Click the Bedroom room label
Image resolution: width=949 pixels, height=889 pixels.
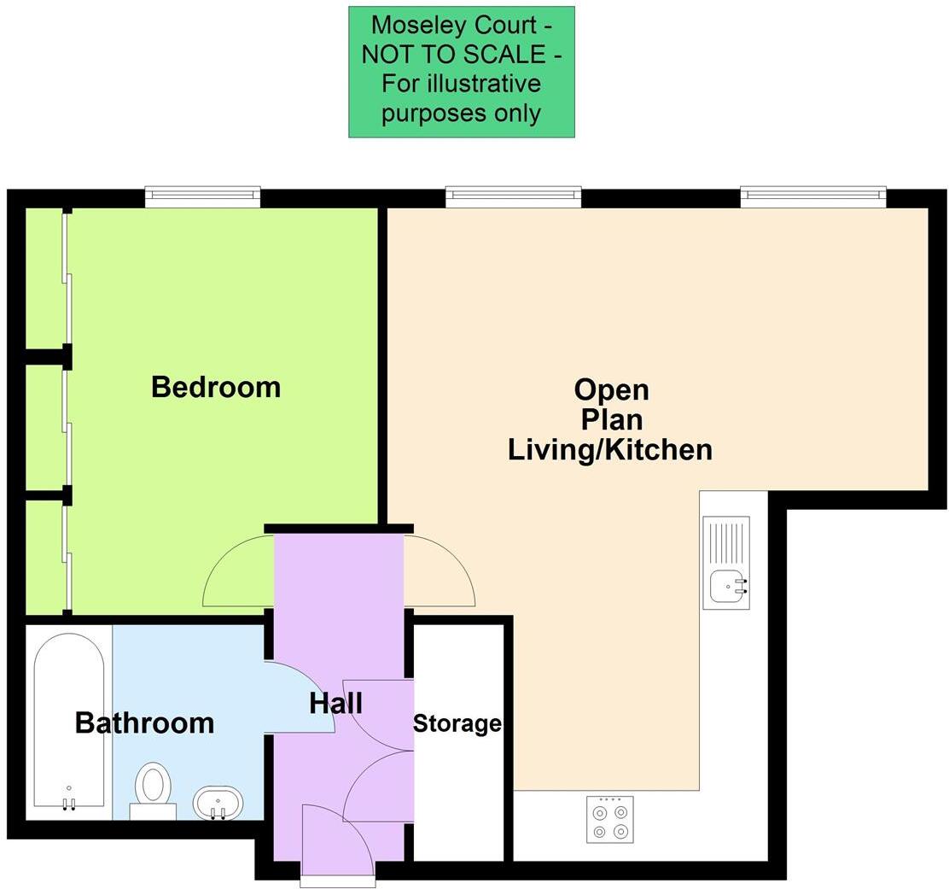point(216,387)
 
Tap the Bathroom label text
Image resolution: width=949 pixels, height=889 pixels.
point(144,722)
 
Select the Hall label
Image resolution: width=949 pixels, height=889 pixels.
point(335,704)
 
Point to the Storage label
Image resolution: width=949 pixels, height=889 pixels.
point(457,724)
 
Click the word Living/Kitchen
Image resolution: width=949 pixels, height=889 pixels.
point(610,449)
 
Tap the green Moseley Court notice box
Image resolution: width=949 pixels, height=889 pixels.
point(461,72)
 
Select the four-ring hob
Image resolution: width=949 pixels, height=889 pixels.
point(609,819)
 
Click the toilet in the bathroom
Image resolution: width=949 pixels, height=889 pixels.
point(154,787)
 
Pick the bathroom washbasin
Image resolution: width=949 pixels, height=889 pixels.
point(218,802)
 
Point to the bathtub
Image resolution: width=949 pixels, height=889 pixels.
point(69,722)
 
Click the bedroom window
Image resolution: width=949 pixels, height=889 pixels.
point(202,197)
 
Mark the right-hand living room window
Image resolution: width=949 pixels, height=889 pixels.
point(812,197)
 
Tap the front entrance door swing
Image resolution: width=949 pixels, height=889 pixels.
point(337,841)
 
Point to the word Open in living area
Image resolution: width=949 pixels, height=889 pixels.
point(611,390)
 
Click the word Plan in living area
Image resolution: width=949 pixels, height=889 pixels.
point(611,420)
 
